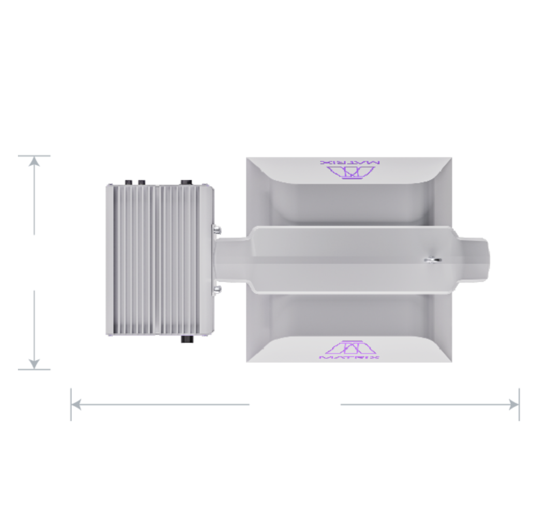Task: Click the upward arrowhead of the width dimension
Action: pyautogui.click(x=34, y=162)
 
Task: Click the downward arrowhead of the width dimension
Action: pyautogui.click(x=34, y=363)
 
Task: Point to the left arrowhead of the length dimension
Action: pyautogui.click(x=77, y=404)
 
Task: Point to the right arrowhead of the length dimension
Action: pyautogui.click(x=513, y=404)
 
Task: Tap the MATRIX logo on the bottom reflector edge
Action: pyautogui.click(x=349, y=351)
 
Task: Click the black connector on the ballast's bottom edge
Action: pyautogui.click(x=187, y=340)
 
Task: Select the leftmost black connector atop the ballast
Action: pyautogui.click(x=129, y=181)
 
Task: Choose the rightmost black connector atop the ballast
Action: pyautogui.click(x=186, y=181)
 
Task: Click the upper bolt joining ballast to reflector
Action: pyautogui.click(x=217, y=230)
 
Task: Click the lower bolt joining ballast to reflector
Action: pyautogui.click(x=217, y=290)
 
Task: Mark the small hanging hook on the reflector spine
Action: pyautogui.click(x=432, y=260)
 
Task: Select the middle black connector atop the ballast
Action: pyautogui.click(x=141, y=181)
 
